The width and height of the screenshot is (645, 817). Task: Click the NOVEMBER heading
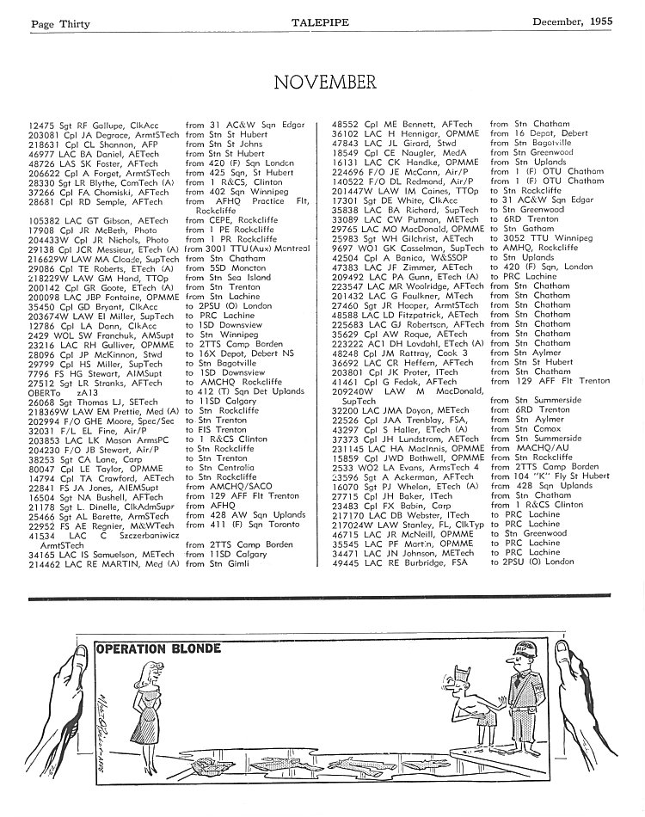(x=324, y=83)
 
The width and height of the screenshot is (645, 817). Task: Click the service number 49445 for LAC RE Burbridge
(x=347, y=562)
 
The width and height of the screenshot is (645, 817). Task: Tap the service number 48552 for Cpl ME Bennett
(x=347, y=124)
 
